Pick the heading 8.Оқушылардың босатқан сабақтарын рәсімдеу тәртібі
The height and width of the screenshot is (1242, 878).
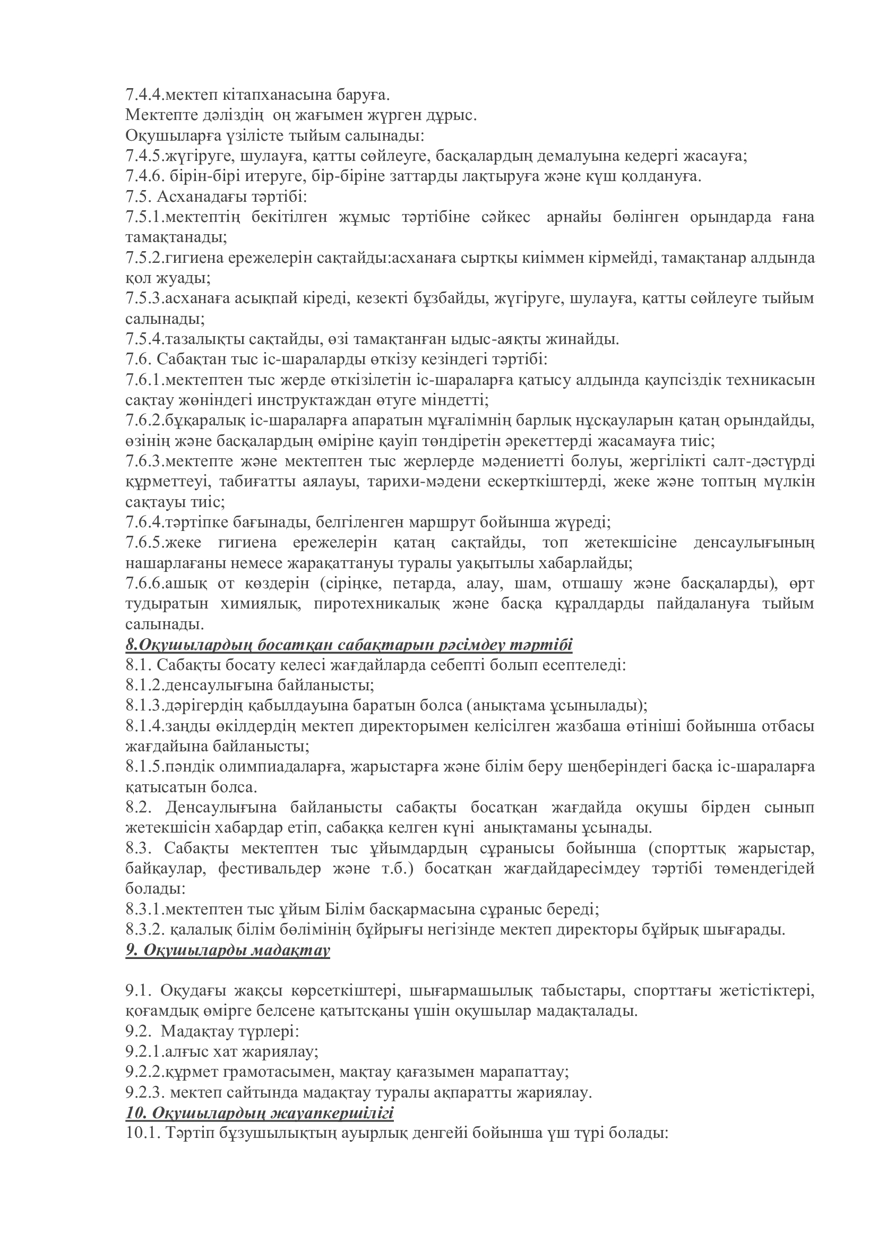click(349, 645)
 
